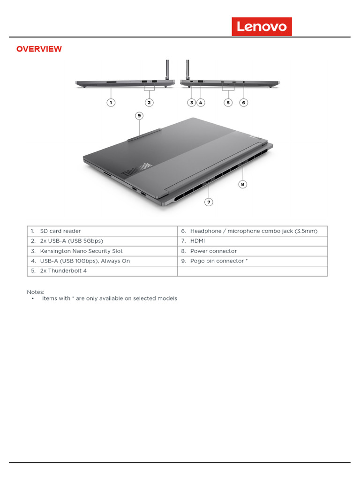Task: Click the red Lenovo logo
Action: pos(262,27)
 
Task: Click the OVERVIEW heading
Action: pos(39,49)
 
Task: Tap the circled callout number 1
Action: pos(111,102)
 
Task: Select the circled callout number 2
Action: pos(149,102)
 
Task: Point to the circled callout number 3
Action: pos(191,102)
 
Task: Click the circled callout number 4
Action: pos(200,102)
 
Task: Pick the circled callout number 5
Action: pos(228,102)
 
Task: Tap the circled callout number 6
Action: pos(243,102)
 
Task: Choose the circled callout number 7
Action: pos(209,202)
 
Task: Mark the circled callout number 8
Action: pos(242,184)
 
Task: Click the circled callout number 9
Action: pos(139,115)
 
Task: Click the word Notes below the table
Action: pos(35,292)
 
